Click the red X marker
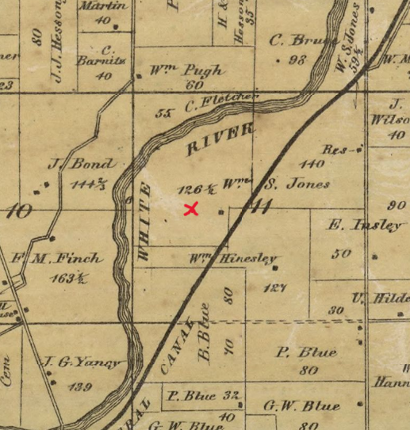pyautogui.click(x=191, y=209)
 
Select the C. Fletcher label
pyautogui.click(x=222, y=103)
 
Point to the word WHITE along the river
pyautogui.click(x=144, y=221)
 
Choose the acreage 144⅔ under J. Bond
pyautogui.click(x=88, y=185)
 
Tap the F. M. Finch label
pyautogui.click(x=59, y=258)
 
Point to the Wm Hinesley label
pyautogui.click(x=232, y=258)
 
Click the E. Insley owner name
pyautogui.click(x=364, y=226)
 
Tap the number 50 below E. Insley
pyautogui.click(x=342, y=253)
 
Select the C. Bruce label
pyautogui.click(x=298, y=40)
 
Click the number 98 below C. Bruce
pyautogui.click(x=298, y=60)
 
